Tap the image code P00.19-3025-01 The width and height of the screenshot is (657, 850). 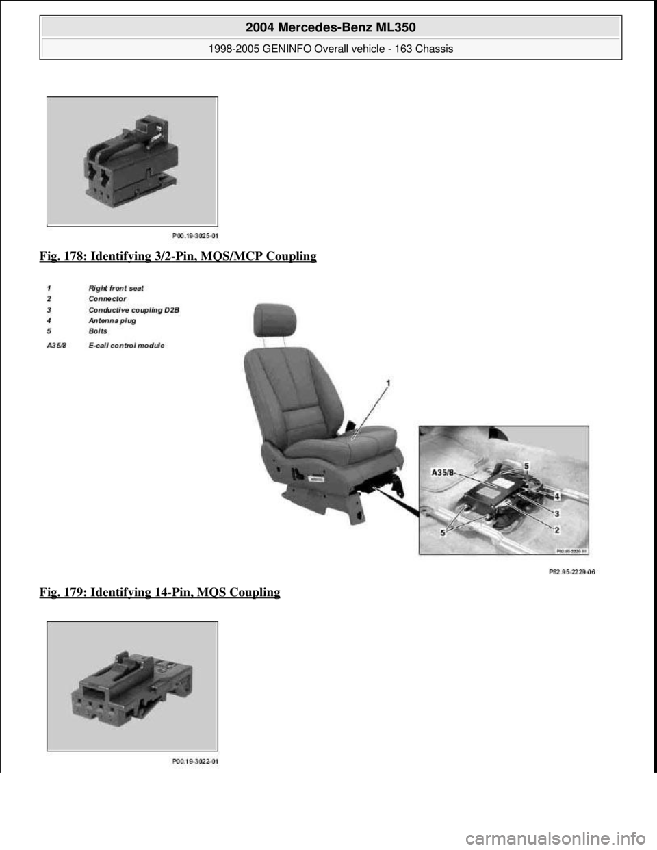tap(200, 233)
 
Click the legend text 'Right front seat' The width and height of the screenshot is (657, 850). tap(116, 289)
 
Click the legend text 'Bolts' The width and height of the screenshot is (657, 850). tap(99, 331)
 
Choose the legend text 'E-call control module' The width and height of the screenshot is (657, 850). tap(126, 346)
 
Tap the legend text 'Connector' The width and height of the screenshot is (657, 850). tap(107, 299)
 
